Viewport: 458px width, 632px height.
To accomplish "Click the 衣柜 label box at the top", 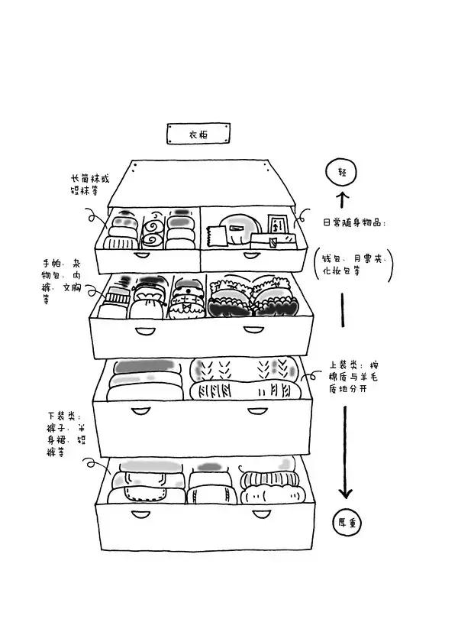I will tap(198, 135).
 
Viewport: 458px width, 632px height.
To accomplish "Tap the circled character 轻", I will tap(342, 172).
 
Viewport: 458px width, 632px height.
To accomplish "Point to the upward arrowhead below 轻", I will tap(342, 197).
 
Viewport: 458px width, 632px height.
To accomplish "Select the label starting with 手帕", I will tap(62, 280).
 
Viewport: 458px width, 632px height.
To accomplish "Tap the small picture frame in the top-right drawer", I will tap(276, 225).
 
